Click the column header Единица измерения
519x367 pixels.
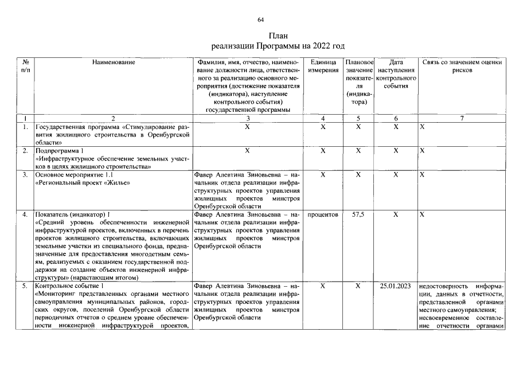(x=323, y=65)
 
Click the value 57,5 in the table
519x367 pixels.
(x=358, y=214)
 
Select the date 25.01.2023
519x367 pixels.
(x=395, y=286)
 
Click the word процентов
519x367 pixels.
(x=323, y=214)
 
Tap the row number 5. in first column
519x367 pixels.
(x=25, y=286)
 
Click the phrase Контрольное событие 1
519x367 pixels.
(x=69, y=286)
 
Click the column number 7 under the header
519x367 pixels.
(x=462, y=118)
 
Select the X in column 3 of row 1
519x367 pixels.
(x=247, y=127)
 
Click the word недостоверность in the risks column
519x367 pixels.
(x=441, y=286)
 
